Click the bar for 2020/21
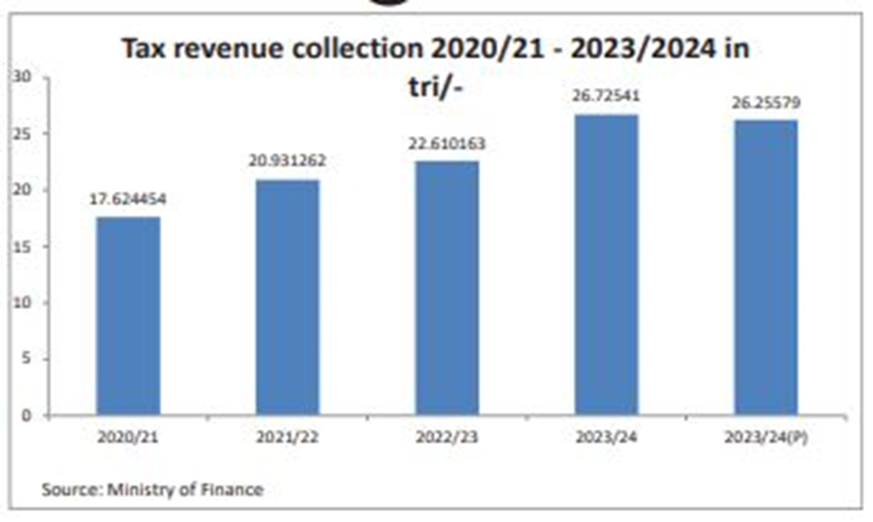click(x=128, y=316)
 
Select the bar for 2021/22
click(x=287, y=297)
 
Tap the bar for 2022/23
click(x=447, y=287)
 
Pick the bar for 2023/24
click(x=606, y=264)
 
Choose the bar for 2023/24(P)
click(x=766, y=267)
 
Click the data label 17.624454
click(x=128, y=199)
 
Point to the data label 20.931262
click(x=287, y=161)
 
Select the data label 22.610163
click(x=447, y=143)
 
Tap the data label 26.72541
click(x=606, y=96)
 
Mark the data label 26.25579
click(x=766, y=102)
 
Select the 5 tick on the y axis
click(x=28, y=359)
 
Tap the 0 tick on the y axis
click(x=28, y=415)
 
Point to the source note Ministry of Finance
click(x=185, y=490)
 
